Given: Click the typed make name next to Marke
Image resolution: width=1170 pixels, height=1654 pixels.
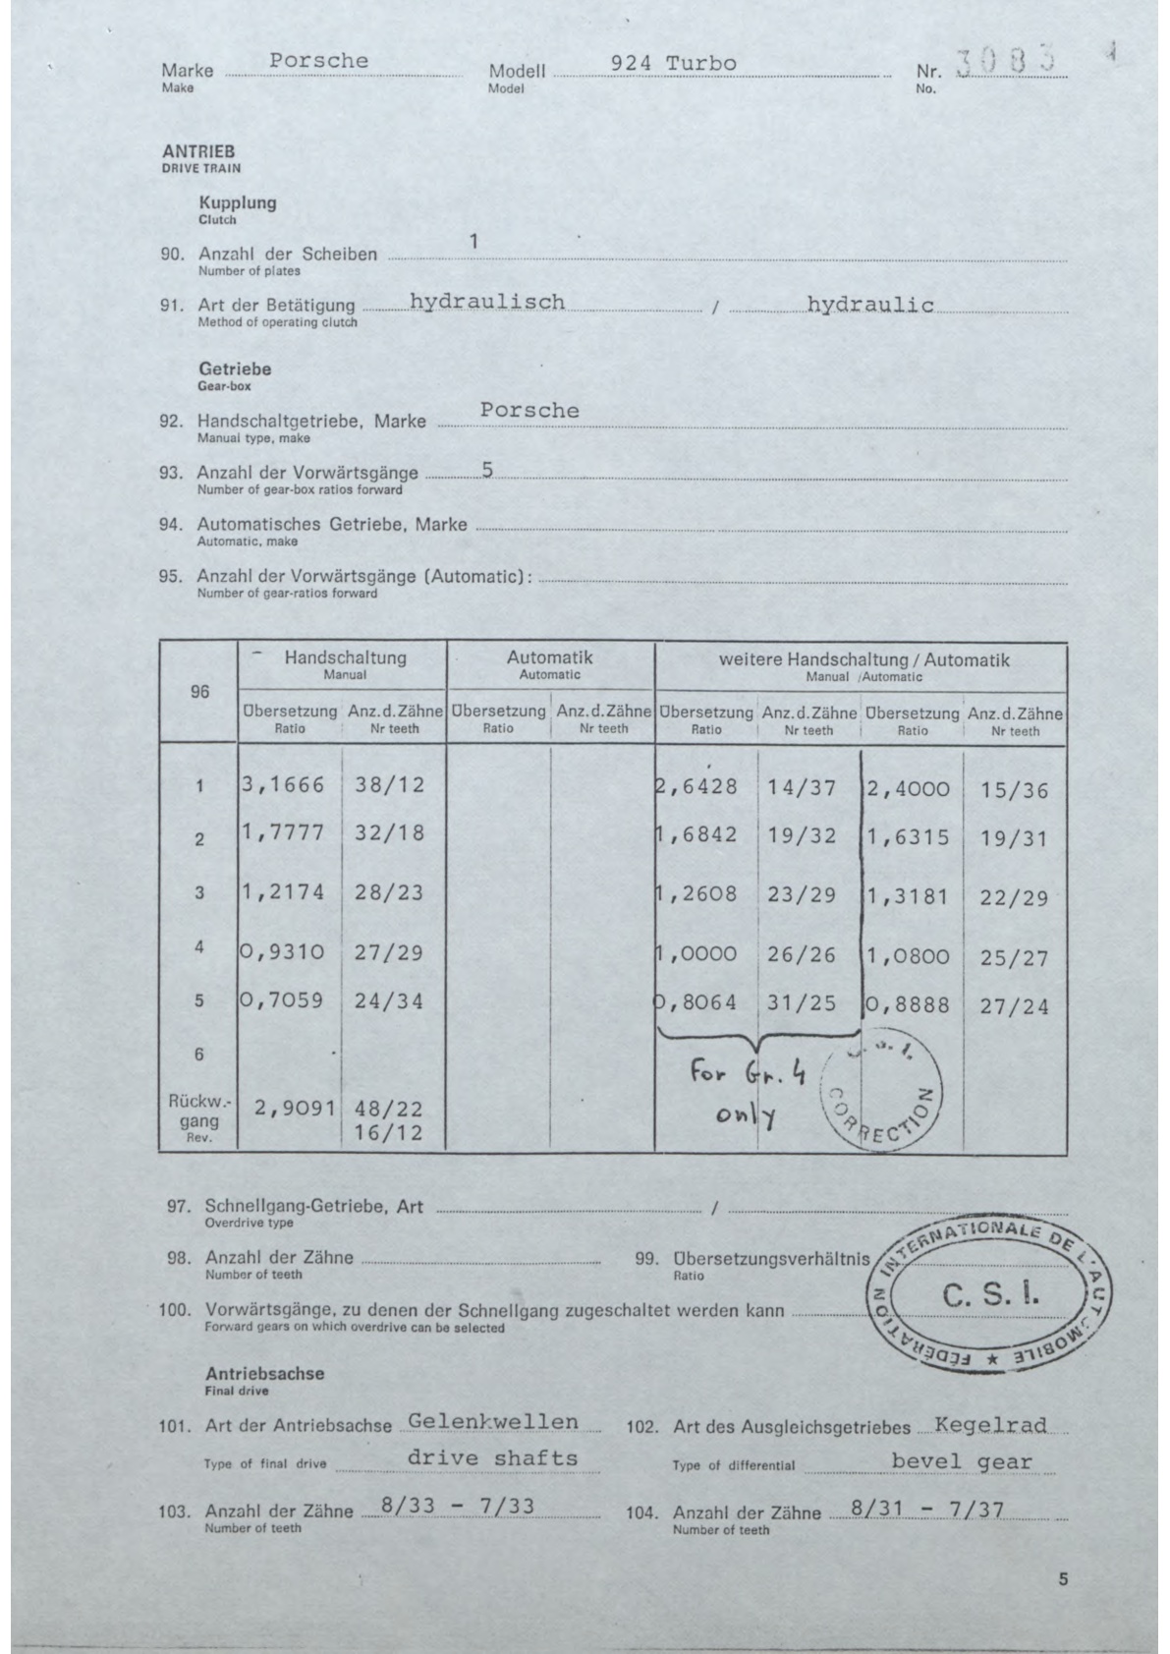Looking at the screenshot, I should tap(319, 61).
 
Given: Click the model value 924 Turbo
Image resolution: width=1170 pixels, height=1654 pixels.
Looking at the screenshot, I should tap(673, 63).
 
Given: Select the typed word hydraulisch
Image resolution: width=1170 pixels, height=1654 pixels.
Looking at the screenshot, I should tap(487, 302).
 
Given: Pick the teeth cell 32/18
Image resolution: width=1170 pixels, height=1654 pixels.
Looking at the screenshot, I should tap(389, 833).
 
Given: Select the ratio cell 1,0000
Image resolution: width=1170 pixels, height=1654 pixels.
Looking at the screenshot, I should tap(697, 952).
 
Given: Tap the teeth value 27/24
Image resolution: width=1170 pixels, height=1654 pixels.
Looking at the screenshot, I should tap(1015, 1006).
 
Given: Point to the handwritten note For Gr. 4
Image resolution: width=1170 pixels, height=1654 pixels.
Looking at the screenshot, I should tap(747, 1072).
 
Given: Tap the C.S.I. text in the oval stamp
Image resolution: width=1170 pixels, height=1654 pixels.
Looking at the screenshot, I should tap(990, 1294).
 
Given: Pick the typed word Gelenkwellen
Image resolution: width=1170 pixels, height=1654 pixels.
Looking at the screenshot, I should tap(492, 1421).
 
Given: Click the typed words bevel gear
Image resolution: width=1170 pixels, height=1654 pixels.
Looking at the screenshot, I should tap(962, 1460).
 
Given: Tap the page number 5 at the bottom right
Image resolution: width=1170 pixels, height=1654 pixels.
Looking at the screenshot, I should tap(1063, 1580).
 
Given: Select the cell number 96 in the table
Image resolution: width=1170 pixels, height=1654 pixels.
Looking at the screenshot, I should tap(199, 692).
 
